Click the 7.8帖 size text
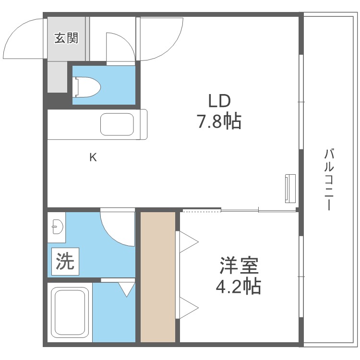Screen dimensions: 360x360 (218, 122)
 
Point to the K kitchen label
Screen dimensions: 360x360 (93, 157)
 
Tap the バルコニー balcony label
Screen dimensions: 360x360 (329, 180)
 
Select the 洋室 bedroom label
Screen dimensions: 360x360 (239, 265)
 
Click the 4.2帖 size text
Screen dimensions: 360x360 (238, 287)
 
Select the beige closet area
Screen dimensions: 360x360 (158, 277)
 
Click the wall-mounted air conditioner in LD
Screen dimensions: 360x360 (289, 189)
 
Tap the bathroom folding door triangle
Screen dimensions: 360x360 (126, 288)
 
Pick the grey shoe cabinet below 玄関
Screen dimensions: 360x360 (58, 77)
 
